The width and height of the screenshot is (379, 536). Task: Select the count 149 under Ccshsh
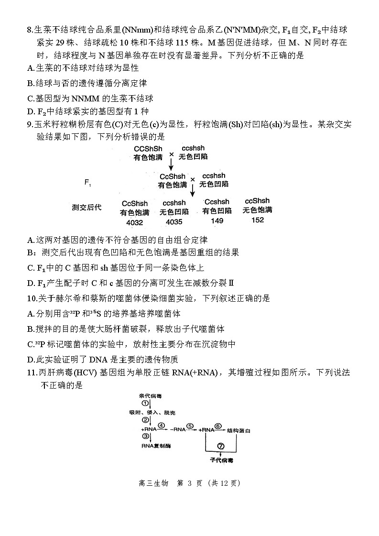[217, 220]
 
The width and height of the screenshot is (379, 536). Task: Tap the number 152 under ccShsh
[257, 219]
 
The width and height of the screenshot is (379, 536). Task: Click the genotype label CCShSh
[148, 149]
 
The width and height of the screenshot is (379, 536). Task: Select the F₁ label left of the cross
[88, 182]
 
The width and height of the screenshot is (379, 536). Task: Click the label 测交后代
[87, 208]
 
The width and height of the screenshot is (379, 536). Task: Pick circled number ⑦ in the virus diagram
[220, 446]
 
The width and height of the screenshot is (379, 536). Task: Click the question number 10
[32, 298]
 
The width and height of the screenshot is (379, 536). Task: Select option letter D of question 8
[31, 112]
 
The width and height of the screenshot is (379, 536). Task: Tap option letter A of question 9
[31, 240]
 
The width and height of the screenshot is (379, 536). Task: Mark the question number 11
[32, 373]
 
